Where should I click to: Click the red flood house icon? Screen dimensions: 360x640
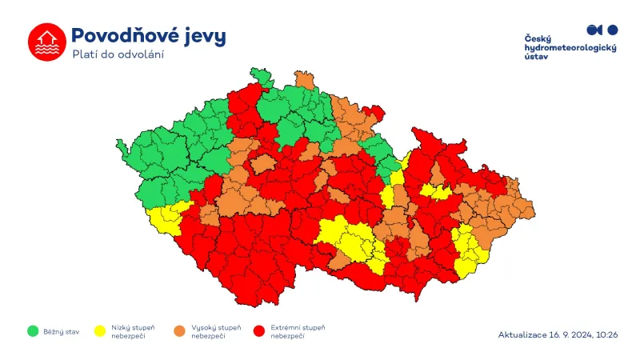point(46,42)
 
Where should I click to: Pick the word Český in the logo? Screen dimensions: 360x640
point(538,39)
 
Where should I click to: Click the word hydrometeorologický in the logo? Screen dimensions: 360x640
point(570,49)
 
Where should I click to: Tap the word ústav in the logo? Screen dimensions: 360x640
point(535,58)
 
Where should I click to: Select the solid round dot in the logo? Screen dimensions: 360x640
point(613,30)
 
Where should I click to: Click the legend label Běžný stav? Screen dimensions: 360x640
point(62,331)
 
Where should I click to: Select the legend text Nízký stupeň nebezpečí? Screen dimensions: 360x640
point(133,331)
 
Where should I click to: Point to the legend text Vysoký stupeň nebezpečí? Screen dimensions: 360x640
point(216,331)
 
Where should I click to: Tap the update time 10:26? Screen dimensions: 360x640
point(606,334)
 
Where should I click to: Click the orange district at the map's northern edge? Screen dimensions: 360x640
point(304,79)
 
